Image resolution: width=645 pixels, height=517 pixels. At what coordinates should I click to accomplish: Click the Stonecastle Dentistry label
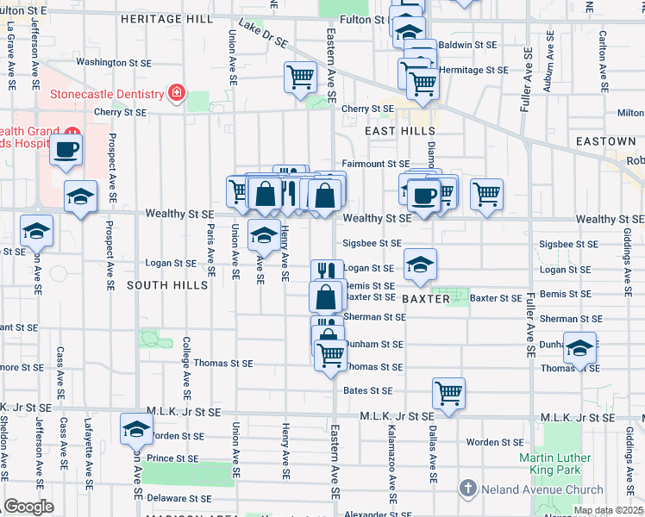106,94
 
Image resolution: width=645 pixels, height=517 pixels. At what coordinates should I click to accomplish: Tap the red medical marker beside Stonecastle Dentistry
177,93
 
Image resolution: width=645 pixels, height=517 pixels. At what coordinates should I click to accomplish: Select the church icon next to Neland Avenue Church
467,489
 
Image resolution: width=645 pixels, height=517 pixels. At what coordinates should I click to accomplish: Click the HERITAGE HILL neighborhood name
166,18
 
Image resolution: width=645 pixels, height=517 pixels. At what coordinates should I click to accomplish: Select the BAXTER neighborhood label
426,298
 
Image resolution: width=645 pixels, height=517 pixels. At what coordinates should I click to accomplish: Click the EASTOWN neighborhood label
606,140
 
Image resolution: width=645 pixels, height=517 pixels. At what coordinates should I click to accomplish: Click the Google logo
28,507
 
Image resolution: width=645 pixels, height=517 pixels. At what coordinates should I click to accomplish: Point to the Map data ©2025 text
607,510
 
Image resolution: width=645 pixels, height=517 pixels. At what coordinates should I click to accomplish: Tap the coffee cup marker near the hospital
66,150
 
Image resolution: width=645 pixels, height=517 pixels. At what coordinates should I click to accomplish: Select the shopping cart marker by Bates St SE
448,393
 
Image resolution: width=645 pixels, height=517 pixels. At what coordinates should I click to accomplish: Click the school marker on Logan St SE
419,265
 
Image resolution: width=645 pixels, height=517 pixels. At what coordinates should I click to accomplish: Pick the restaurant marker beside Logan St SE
327,271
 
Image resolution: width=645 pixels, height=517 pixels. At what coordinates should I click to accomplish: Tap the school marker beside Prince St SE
136,428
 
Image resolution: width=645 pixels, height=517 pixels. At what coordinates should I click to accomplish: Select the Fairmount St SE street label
375,163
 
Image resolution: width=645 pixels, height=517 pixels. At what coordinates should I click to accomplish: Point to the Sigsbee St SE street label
373,244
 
